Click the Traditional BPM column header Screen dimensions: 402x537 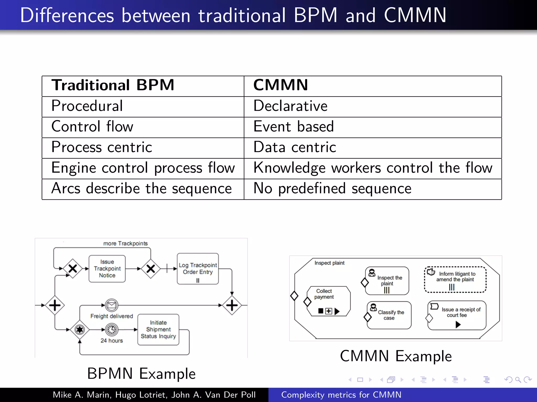click(113, 86)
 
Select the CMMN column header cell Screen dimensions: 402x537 click(281, 86)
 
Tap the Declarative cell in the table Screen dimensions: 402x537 click(291, 106)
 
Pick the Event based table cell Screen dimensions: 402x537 click(294, 127)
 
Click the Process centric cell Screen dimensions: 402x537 click(102, 147)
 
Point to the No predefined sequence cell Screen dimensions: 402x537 click(332, 189)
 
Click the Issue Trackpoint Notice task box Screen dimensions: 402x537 click(107, 269)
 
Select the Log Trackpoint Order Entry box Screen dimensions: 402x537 click(198, 269)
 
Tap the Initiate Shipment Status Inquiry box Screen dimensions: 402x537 click(158, 330)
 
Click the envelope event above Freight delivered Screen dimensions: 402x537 click(111, 305)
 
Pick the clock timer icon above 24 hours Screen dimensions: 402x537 click(111, 330)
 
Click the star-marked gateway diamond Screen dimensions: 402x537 click(80, 330)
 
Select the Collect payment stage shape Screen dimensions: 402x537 click(329, 301)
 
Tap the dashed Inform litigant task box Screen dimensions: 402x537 click(455, 280)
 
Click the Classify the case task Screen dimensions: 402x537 click(389, 315)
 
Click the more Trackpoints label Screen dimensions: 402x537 click(125, 244)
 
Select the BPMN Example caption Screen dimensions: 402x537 click(141, 373)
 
